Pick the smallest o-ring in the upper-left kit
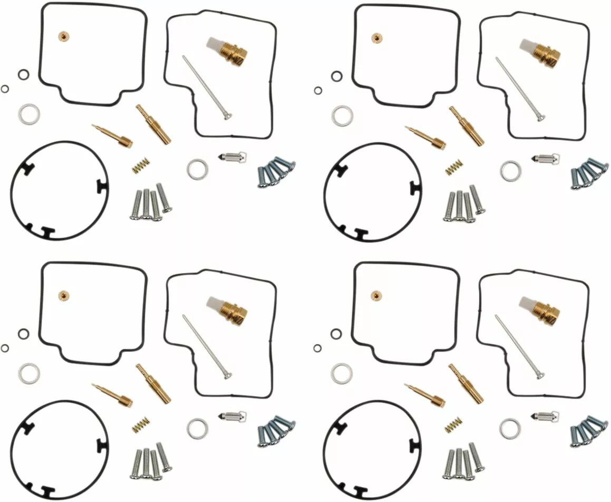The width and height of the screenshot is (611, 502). [x=5, y=89]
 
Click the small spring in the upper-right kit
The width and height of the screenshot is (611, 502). [x=453, y=168]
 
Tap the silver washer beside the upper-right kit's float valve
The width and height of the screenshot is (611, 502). [x=510, y=171]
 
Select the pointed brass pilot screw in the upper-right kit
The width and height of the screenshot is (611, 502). [x=425, y=137]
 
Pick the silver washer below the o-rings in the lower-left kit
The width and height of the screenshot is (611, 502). [x=29, y=373]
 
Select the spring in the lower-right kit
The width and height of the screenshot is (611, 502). [x=453, y=424]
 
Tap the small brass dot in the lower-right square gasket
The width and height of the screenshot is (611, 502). [x=376, y=295]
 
